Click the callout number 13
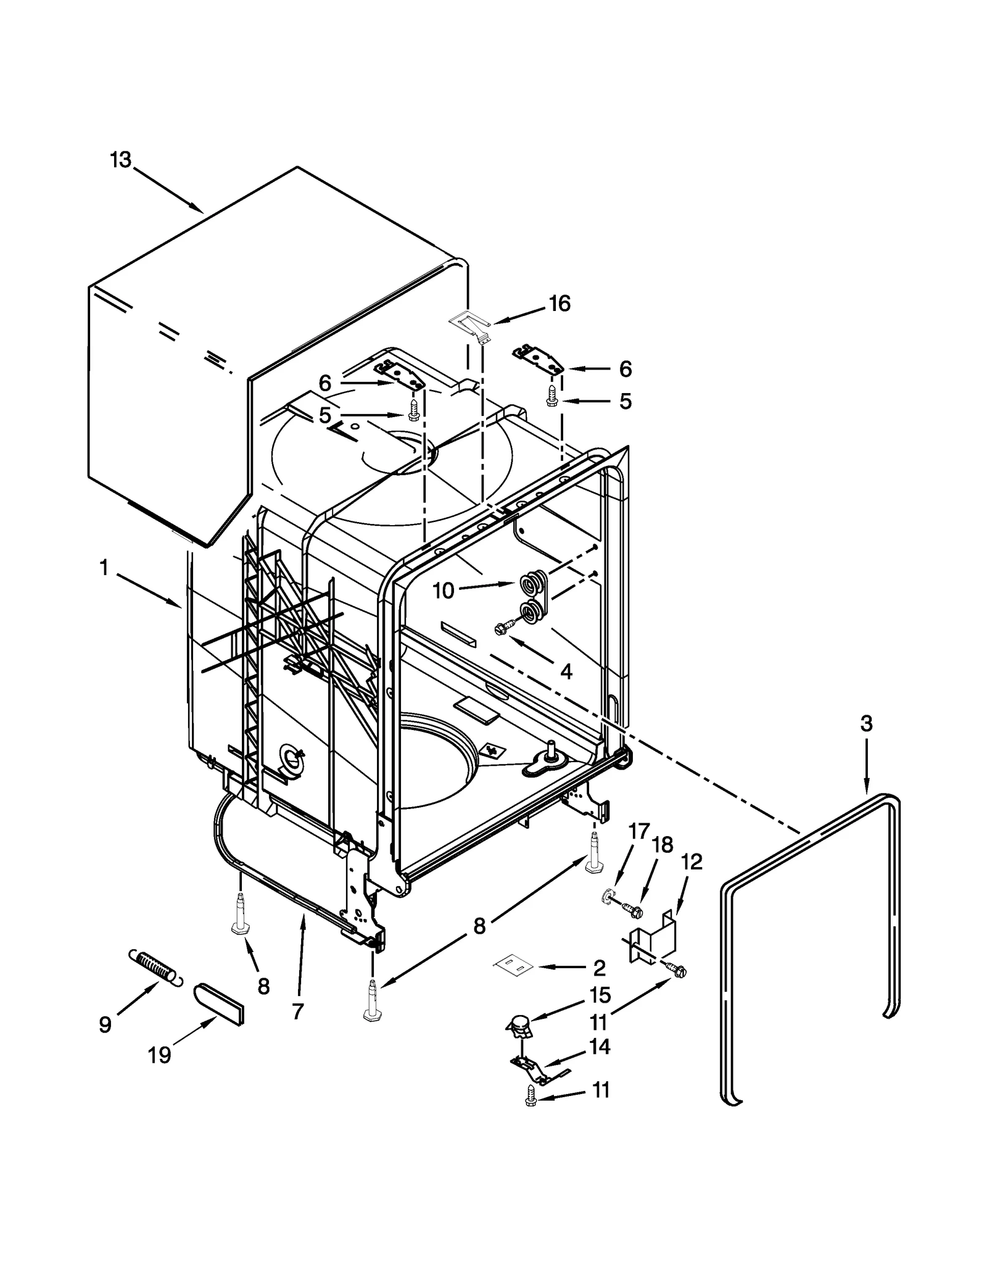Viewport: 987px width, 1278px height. [121, 160]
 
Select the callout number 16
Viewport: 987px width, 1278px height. [560, 304]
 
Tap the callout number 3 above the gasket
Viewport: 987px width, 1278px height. [867, 723]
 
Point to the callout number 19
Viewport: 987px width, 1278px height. [159, 1055]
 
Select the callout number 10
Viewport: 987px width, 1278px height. [444, 591]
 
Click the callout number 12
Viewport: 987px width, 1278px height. [692, 862]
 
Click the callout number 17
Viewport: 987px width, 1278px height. [639, 831]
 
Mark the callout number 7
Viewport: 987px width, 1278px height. [298, 1011]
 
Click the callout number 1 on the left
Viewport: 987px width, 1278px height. [104, 568]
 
